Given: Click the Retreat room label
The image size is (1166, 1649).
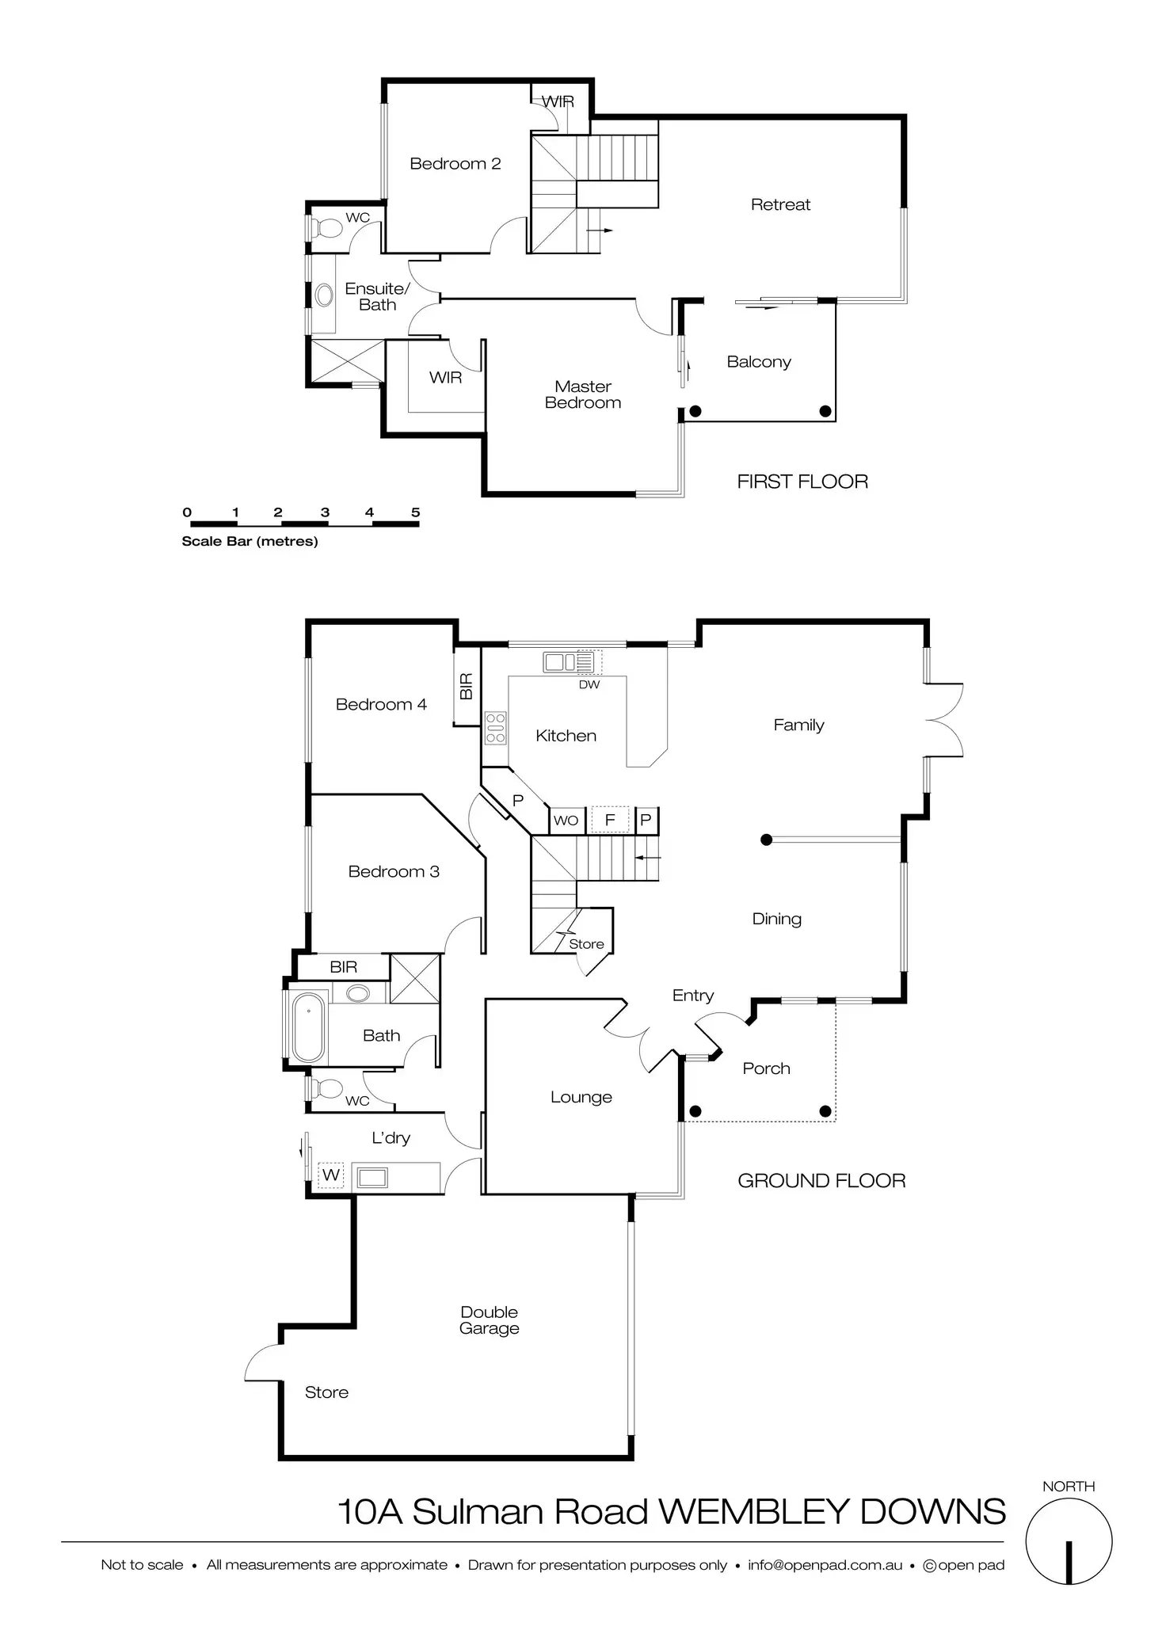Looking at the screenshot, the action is click(780, 204).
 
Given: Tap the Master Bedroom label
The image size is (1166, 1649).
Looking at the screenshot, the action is click(583, 394).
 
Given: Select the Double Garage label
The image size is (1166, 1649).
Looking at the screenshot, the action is click(489, 1320).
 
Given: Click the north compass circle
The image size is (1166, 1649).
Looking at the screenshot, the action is click(1069, 1542).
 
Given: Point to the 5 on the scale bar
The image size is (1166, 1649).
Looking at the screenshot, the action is click(415, 512).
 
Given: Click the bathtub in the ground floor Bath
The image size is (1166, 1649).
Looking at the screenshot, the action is click(308, 1026).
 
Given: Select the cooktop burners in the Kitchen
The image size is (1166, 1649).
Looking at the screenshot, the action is click(495, 728).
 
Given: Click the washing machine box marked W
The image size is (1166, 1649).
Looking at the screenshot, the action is click(331, 1175).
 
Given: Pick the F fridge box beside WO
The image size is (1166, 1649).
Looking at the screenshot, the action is click(610, 820).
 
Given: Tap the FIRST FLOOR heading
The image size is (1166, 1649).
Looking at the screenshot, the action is click(802, 482).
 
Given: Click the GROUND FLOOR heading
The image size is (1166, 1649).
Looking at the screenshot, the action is click(821, 1181).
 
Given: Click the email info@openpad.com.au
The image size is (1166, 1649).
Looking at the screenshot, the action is click(825, 1565).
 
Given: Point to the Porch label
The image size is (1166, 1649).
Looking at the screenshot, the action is click(766, 1068).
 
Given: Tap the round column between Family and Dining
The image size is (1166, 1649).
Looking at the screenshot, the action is click(766, 840).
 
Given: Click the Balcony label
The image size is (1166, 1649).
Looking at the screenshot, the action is click(758, 362).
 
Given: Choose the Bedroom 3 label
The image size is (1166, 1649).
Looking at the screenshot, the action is click(394, 871).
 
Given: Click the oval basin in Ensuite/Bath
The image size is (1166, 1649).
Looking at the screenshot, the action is click(324, 295).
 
